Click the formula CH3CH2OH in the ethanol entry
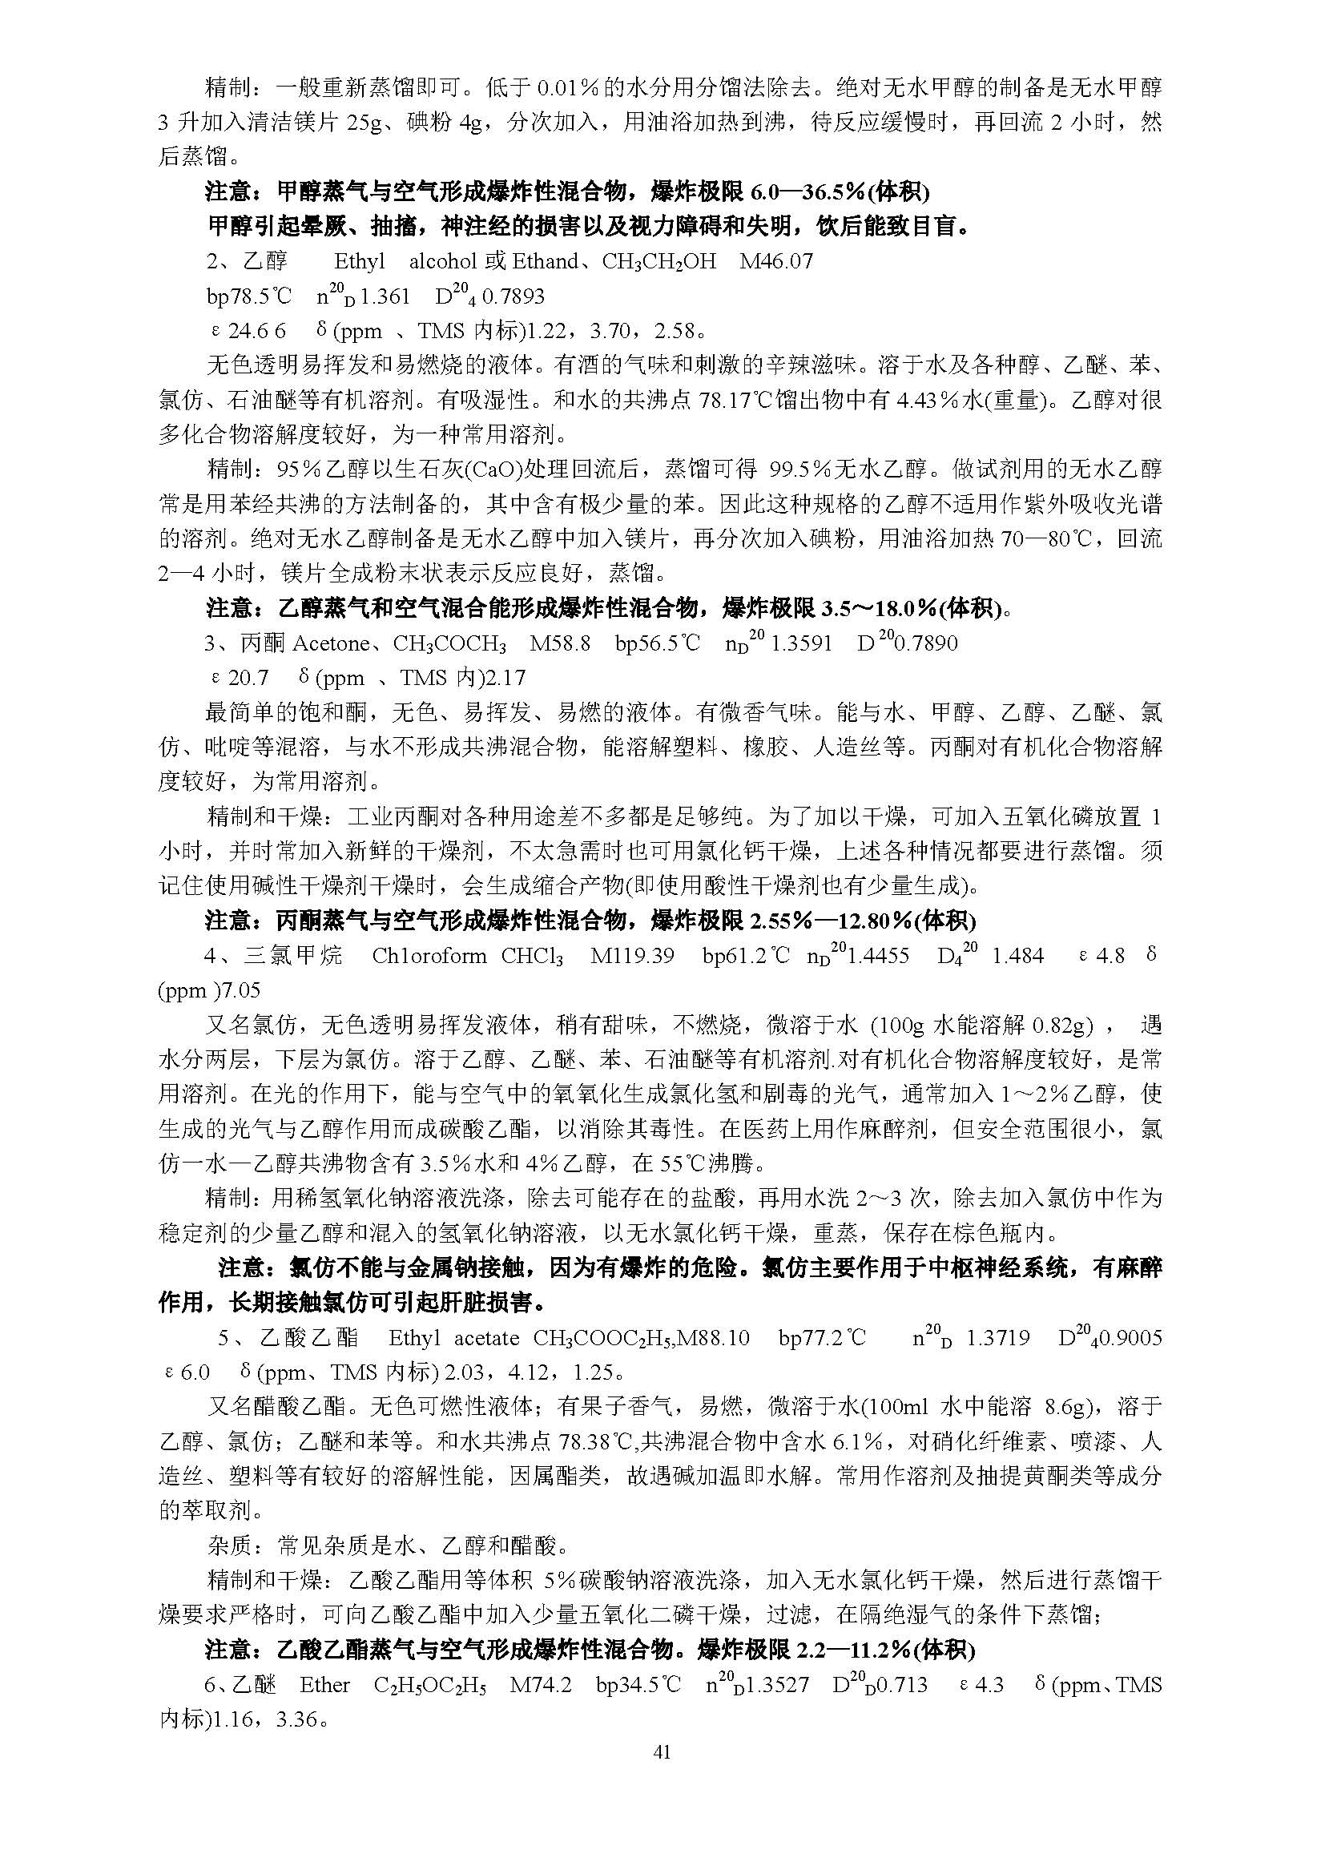658,261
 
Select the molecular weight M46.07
776,261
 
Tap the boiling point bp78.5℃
249,296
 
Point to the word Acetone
329,644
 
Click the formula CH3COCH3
449,645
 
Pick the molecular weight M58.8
560,644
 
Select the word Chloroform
429,956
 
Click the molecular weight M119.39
632,956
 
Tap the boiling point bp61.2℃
746,956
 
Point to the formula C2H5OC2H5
430,1687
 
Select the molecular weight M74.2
540,1686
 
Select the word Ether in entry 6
324,1686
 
